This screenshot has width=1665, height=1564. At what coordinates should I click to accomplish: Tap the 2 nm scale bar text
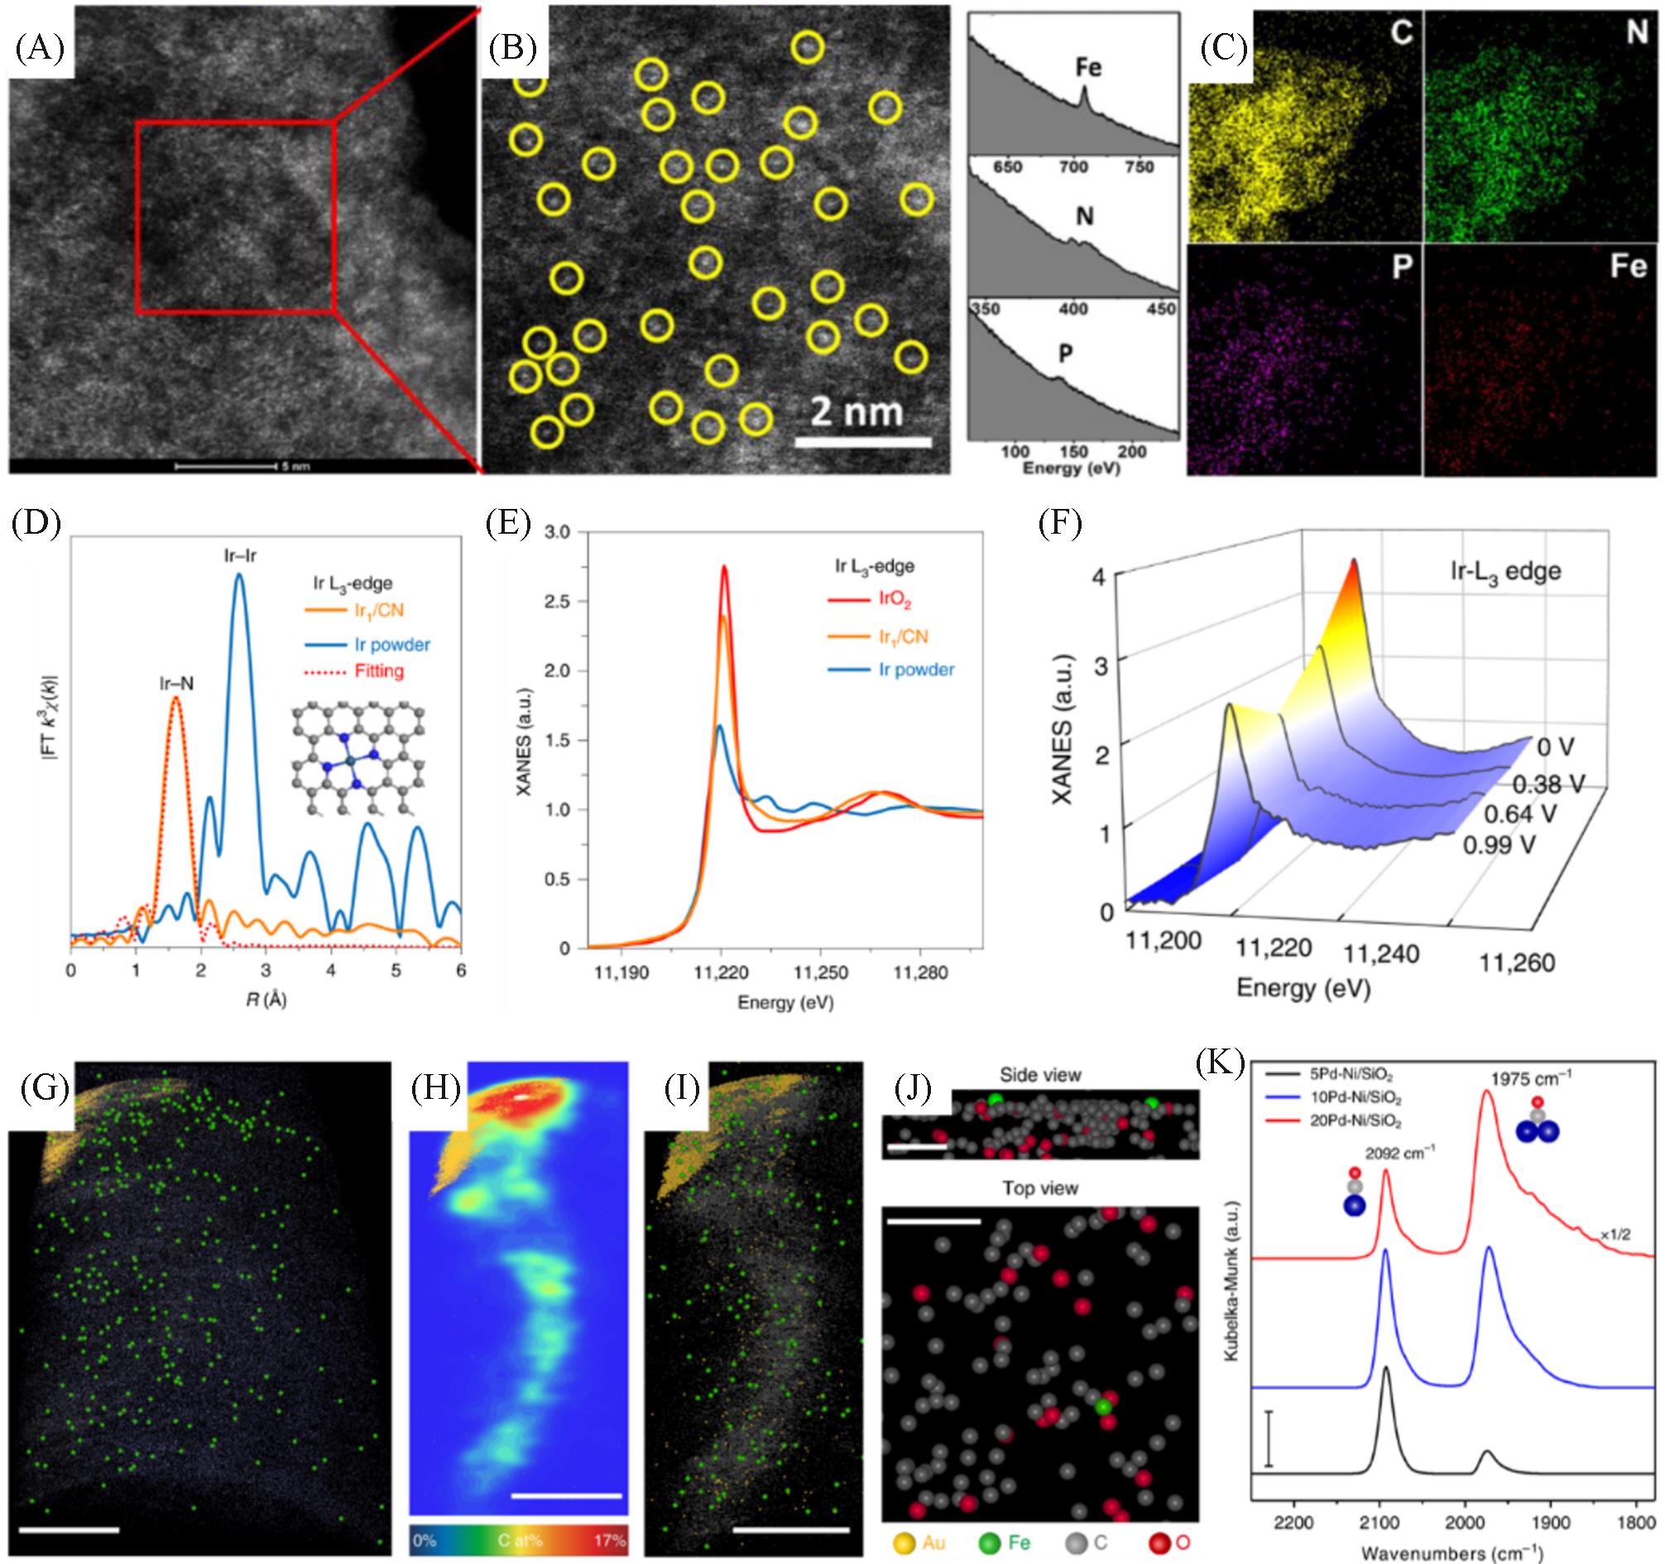(x=856, y=411)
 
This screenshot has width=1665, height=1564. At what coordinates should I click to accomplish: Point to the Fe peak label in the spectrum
(x=1088, y=68)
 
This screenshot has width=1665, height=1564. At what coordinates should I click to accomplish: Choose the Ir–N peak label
(x=177, y=684)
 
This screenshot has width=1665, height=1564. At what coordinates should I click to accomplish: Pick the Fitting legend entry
(x=378, y=671)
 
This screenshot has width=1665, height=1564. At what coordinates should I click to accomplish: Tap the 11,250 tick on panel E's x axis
(x=820, y=972)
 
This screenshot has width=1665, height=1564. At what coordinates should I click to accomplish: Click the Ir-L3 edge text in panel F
(x=1506, y=571)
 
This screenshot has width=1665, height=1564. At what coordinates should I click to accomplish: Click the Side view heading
(x=1040, y=1075)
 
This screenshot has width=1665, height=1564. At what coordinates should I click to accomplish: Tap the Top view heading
(x=1040, y=1188)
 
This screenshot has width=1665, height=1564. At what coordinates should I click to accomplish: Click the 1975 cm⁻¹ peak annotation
(x=1528, y=1077)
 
